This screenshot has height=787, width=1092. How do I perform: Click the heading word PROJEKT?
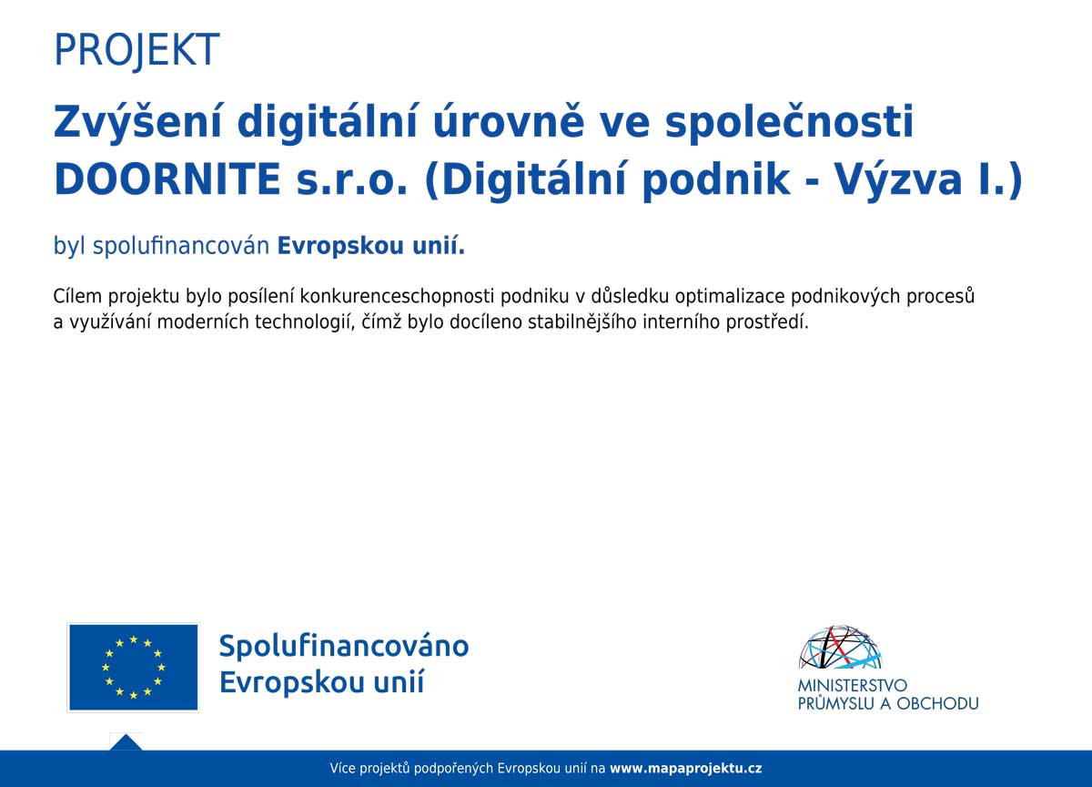click(136, 50)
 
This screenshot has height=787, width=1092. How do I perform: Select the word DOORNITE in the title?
click(167, 179)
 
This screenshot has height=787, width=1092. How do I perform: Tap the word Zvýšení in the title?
click(137, 123)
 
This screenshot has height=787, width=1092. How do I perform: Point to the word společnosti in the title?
click(789, 123)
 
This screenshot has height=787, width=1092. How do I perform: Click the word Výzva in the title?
click(899, 180)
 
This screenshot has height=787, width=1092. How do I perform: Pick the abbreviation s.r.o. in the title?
click(351, 180)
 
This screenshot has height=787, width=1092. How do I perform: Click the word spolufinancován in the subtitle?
click(181, 246)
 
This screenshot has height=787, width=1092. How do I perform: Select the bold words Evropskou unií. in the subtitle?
click(371, 245)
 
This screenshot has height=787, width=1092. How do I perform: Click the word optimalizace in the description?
click(729, 297)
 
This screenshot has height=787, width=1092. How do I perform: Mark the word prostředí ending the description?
click(767, 322)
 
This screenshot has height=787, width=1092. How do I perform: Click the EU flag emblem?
click(133, 667)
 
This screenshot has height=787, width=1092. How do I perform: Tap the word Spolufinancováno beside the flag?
click(344, 646)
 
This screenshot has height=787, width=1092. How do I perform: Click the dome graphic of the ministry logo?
click(841, 647)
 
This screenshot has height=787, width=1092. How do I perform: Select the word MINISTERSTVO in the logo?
click(852, 686)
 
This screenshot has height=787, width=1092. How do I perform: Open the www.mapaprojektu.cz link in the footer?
click(686, 769)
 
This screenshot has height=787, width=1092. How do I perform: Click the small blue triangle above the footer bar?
click(126, 743)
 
